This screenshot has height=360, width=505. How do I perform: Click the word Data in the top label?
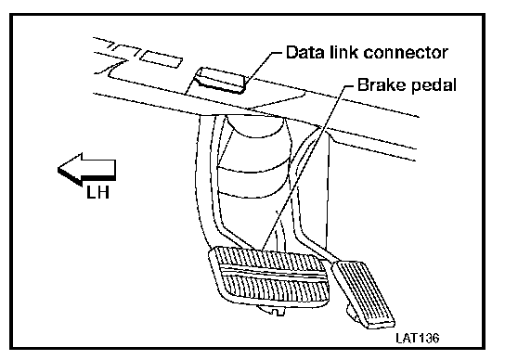click(x=305, y=53)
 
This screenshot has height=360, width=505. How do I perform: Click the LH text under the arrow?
click(x=98, y=193)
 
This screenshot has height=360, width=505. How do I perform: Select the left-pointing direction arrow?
click(x=86, y=169)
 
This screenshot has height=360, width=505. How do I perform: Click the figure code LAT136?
click(x=418, y=338)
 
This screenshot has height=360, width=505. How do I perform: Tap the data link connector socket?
click(x=220, y=80)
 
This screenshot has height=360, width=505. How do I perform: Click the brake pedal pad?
click(x=269, y=276)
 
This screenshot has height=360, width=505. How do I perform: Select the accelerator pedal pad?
click(x=363, y=294)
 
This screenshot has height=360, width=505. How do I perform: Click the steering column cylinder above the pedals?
click(x=254, y=158)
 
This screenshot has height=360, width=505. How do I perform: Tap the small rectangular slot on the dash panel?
click(x=162, y=60)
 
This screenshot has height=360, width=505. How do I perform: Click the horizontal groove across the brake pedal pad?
click(x=273, y=272)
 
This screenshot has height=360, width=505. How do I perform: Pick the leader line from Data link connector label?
click(x=262, y=67)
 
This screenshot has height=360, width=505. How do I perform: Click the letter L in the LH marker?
click(x=91, y=193)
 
